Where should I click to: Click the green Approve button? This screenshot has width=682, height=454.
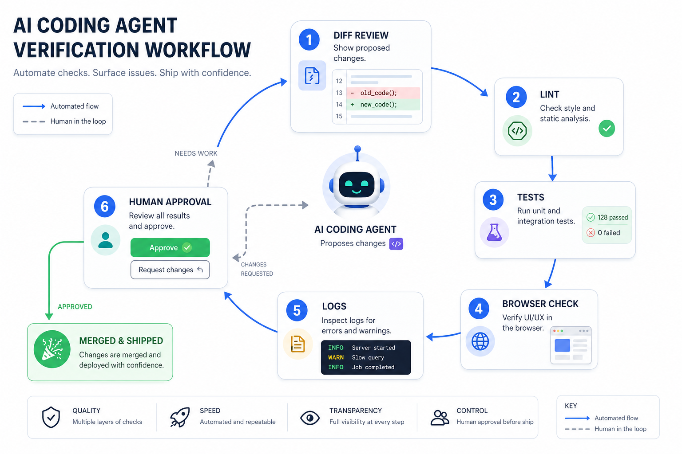pyautogui.click(x=170, y=247)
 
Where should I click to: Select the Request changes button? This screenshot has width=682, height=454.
pyautogui.click(x=170, y=270)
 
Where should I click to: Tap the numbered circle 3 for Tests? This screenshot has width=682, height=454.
pyautogui.click(x=493, y=200)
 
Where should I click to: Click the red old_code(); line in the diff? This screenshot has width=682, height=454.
pyautogui.click(x=383, y=93)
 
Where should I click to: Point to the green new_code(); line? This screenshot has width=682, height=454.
pyautogui.click(x=383, y=105)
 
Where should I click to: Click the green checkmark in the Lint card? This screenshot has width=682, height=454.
pyautogui.click(x=607, y=128)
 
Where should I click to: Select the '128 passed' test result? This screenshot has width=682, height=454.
pyautogui.click(x=607, y=217)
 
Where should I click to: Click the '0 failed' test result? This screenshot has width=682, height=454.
pyautogui.click(x=603, y=233)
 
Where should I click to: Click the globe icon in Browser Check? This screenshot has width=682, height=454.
pyautogui.click(x=480, y=341)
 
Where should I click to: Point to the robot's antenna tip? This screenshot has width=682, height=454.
pyautogui.click(x=358, y=149)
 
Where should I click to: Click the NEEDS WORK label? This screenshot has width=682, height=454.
pyautogui.click(x=196, y=153)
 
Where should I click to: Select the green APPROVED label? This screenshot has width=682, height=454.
pyautogui.click(x=75, y=306)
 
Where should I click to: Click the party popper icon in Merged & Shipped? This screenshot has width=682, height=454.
pyautogui.click(x=52, y=349)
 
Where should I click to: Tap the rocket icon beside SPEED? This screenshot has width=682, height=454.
pyautogui.click(x=180, y=417)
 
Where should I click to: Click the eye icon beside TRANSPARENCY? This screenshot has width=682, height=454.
pyautogui.click(x=309, y=418)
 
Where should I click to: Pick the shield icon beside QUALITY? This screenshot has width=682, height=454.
pyautogui.click(x=51, y=417)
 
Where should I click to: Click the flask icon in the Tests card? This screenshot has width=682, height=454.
pyautogui.click(x=494, y=232)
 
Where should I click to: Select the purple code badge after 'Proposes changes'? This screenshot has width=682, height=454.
pyautogui.click(x=396, y=244)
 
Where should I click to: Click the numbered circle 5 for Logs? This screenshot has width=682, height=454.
pyautogui.click(x=297, y=310)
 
